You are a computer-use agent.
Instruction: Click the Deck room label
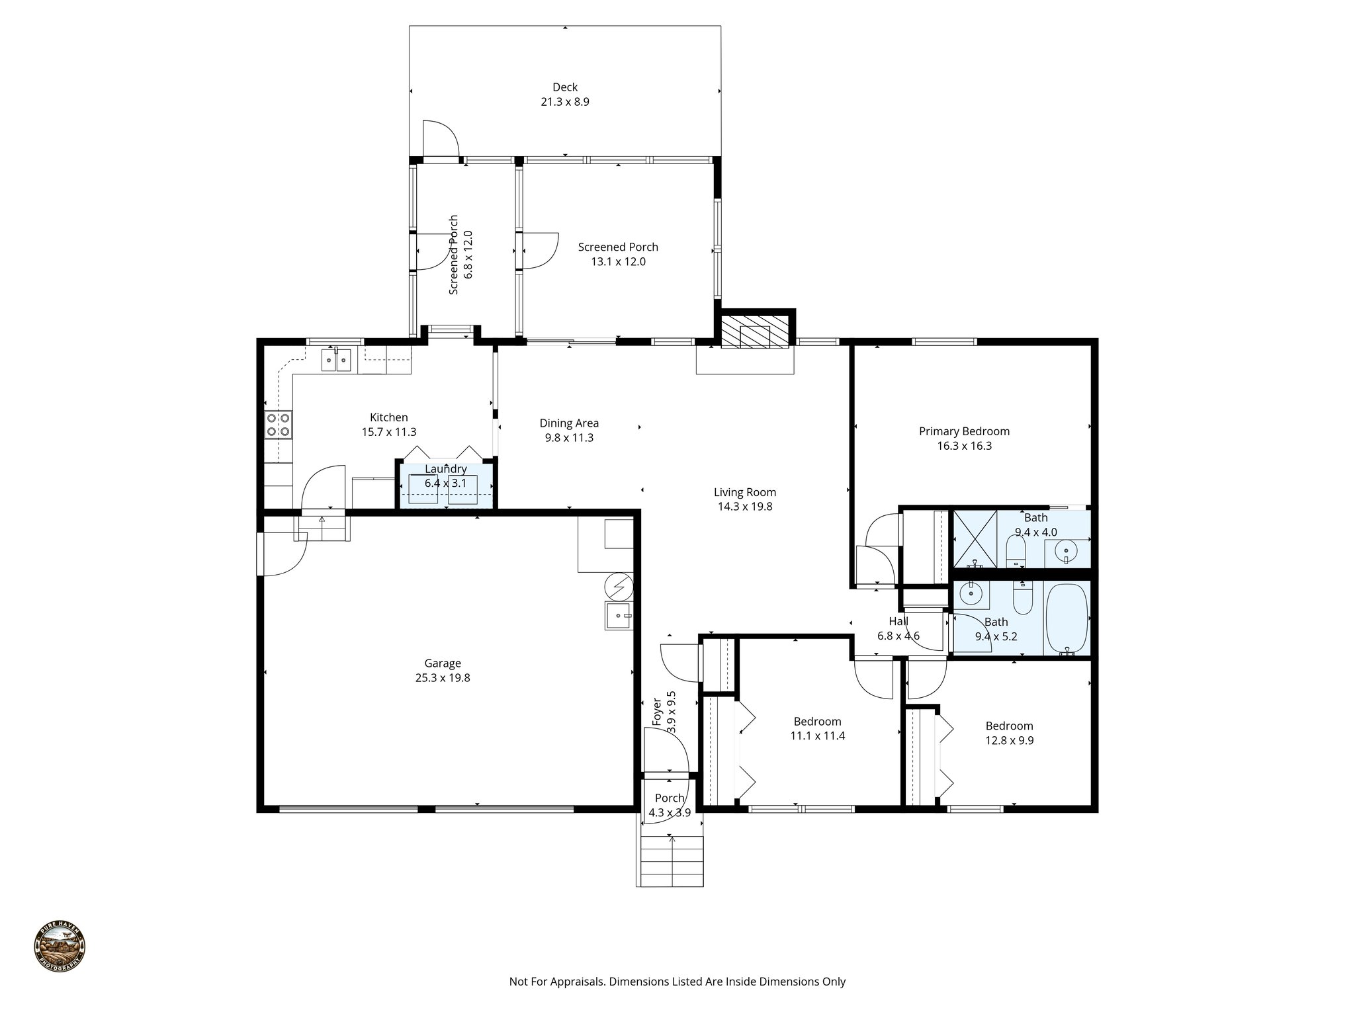(564, 87)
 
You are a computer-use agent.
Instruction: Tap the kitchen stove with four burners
(278, 424)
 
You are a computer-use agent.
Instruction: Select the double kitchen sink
(336, 360)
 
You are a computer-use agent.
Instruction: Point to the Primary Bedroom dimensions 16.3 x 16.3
(964, 446)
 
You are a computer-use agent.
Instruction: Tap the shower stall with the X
(975, 538)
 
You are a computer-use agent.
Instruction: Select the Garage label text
(443, 663)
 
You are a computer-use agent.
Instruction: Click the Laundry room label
(445, 469)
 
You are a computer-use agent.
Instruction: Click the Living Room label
(744, 492)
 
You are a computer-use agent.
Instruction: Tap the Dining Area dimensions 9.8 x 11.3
(569, 438)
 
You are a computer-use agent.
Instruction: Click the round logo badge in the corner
(60, 947)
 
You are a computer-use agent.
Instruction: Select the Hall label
(898, 621)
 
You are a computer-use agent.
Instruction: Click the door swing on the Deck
(440, 139)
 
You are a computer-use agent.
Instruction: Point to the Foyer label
(657, 712)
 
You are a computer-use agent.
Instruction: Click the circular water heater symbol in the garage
(618, 587)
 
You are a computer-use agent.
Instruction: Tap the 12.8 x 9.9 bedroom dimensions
(1009, 740)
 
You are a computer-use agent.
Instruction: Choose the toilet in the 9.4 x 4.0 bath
(1015, 552)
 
